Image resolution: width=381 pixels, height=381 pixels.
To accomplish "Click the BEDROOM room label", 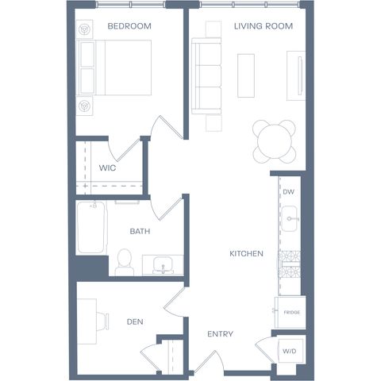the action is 129,26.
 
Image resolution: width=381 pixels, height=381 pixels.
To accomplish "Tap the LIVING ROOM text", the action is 264,26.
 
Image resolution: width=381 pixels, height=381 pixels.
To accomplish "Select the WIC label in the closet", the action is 107,168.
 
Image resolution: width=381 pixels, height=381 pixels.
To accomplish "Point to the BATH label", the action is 140,232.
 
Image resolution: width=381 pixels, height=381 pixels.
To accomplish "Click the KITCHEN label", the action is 246,254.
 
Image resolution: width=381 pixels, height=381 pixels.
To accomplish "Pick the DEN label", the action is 135,322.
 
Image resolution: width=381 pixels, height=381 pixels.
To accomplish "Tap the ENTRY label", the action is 220,334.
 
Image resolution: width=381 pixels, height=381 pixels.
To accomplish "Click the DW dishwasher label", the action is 288,192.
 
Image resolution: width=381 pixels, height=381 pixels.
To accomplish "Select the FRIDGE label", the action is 292,313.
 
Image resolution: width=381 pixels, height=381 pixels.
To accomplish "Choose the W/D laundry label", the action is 290,352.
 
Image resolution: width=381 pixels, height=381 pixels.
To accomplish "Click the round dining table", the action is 275,142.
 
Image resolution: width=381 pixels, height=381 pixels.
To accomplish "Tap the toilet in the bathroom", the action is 125,263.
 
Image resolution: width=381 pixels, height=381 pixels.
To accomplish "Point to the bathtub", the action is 91,228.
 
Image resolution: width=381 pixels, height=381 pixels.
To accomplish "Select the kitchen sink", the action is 289,218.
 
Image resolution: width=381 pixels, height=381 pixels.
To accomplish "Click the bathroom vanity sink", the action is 163,265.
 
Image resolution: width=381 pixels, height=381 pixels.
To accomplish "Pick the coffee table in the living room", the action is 246,75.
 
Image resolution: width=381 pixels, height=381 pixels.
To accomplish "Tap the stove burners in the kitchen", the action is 289,264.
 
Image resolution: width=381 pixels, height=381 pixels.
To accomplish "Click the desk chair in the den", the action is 102,321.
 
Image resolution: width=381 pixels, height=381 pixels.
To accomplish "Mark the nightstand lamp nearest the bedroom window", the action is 85,29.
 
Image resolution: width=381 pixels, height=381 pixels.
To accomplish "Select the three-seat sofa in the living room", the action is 206,76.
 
